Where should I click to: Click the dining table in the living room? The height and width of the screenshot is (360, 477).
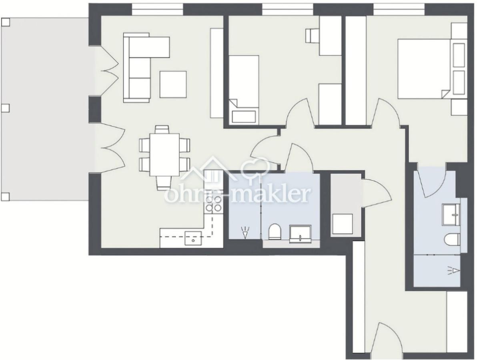click(x=164, y=154)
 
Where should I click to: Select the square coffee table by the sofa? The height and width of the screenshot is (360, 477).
click(x=173, y=84)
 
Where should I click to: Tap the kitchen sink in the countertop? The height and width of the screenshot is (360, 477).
click(x=193, y=238)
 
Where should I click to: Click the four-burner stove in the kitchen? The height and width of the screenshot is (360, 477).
click(x=213, y=204)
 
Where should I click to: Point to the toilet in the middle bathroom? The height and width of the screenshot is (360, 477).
click(x=275, y=232)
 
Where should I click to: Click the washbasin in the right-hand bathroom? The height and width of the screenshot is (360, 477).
click(x=451, y=214)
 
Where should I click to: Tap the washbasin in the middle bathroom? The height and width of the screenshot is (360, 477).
click(x=300, y=234)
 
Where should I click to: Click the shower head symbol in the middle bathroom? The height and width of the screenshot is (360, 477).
click(x=245, y=233)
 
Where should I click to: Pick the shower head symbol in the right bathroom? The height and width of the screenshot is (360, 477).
click(x=453, y=270)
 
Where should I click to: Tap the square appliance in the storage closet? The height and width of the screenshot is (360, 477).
click(x=342, y=224)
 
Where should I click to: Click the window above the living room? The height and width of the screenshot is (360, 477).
click(x=158, y=10)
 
